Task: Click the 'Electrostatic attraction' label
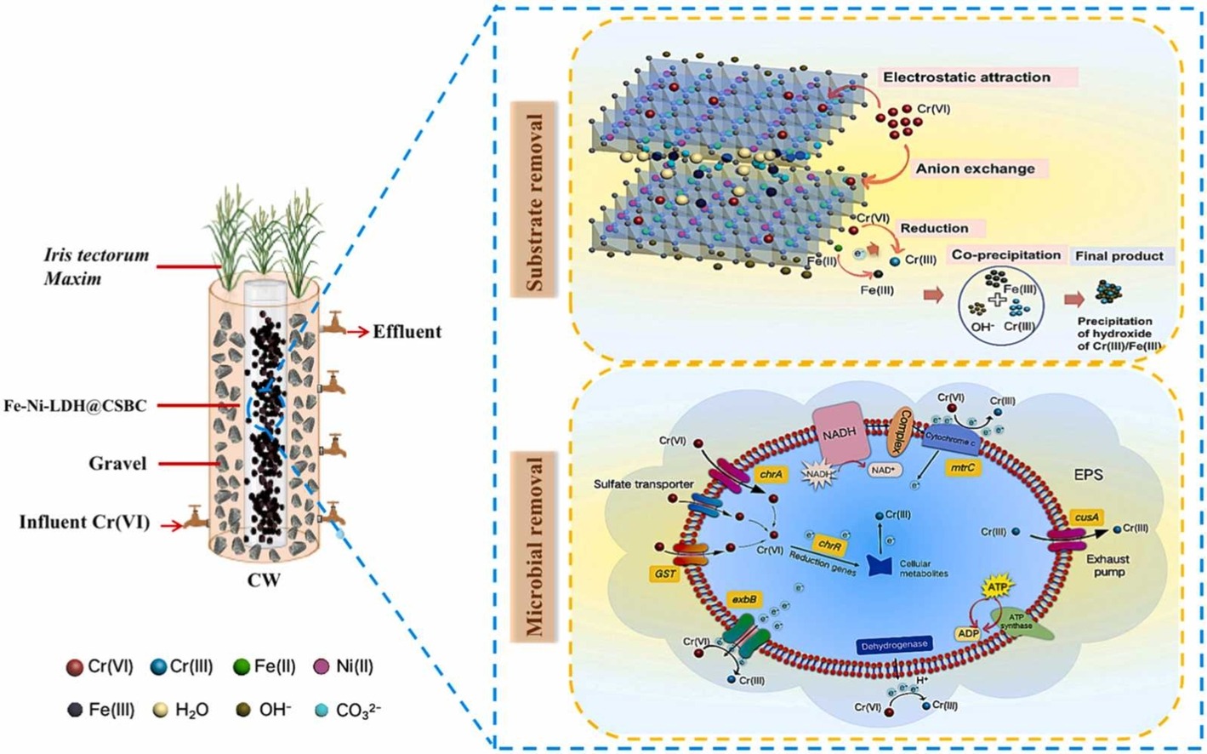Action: pyautogui.click(x=966, y=77)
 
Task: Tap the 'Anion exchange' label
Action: pyautogui.click(x=975, y=169)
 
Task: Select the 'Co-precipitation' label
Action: pyautogui.click(x=1006, y=255)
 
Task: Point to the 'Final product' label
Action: pyautogui.click(x=1119, y=256)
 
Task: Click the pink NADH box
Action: pyautogui.click(x=838, y=432)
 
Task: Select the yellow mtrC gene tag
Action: pyautogui.click(x=961, y=467)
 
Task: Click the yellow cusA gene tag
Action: pyautogui.click(x=1086, y=517)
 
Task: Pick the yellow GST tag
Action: pyautogui.click(x=665, y=574)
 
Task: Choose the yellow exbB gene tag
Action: pyautogui.click(x=744, y=600)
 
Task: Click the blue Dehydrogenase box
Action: pyautogui.click(x=893, y=645)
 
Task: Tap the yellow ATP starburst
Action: pyautogui.click(x=997, y=587)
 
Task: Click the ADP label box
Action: pyautogui.click(x=968, y=633)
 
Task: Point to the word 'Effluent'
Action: pyautogui.click(x=407, y=332)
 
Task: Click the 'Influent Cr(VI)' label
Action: pyautogui.click(x=84, y=522)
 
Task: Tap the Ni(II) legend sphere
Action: pyautogui.click(x=322, y=667)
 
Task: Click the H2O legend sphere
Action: pyautogui.click(x=158, y=709)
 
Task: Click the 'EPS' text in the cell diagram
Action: pyautogui.click(x=1088, y=475)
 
